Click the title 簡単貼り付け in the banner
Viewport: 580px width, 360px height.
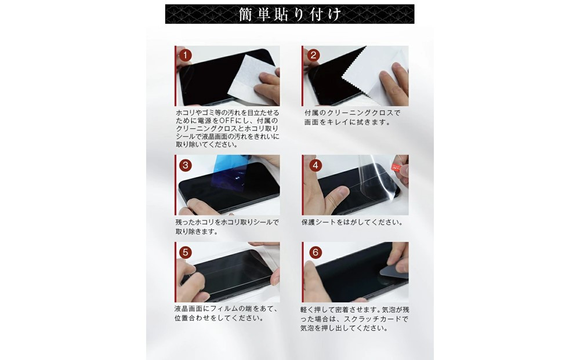(289, 14)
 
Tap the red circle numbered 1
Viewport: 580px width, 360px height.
(185, 55)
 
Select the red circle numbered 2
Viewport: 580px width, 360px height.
(313, 55)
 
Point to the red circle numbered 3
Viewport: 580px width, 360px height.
(185, 165)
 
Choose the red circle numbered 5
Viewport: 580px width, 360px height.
(185, 252)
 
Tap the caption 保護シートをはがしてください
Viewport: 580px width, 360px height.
(351, 222)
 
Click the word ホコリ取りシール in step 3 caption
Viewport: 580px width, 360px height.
(247, 222)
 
